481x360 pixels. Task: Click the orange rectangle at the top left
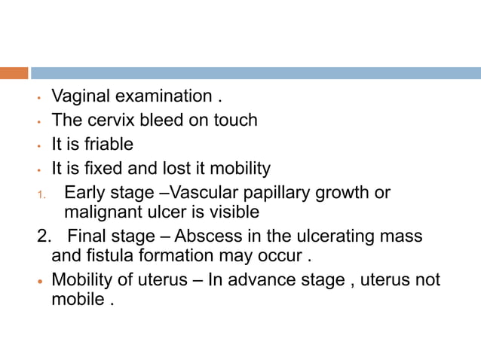click(14, 73)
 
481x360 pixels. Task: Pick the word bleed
click(161, 120)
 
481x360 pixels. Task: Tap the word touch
click(235, 120)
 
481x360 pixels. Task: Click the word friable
click(109, 143)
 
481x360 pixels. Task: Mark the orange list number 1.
click(42, 194)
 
